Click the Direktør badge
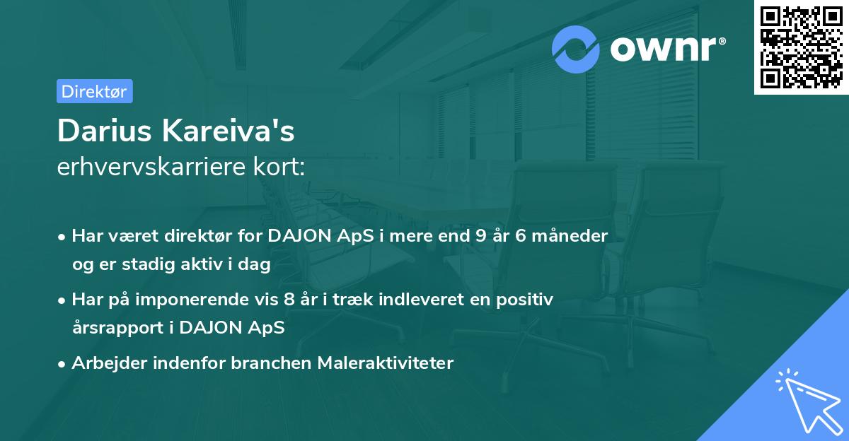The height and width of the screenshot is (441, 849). pyautogui.click(x=94, y=91)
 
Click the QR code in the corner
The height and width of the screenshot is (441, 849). pyautogui.click(x=801, y=47)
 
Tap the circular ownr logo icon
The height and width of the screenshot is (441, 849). pyautogui.click(x=576, y=49)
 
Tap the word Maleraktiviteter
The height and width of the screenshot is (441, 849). pyautogui.click(x=385, y=363)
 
